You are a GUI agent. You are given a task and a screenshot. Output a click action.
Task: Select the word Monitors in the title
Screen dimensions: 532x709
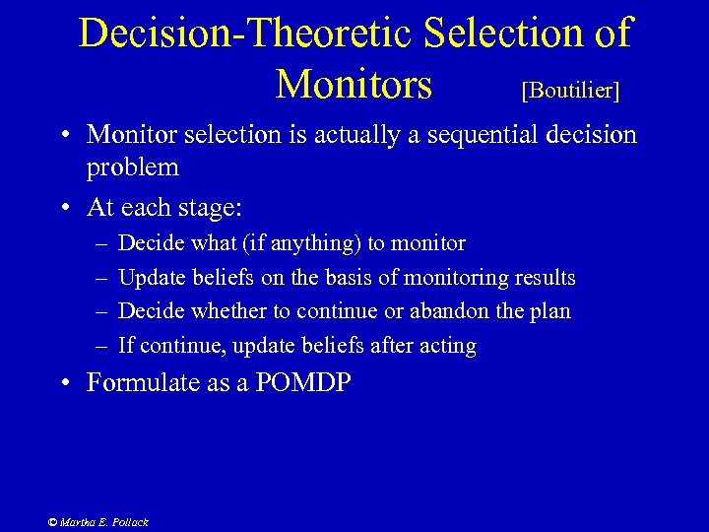tap(354, 85)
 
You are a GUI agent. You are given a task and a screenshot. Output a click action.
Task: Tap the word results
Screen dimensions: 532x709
tap(546, 278)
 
